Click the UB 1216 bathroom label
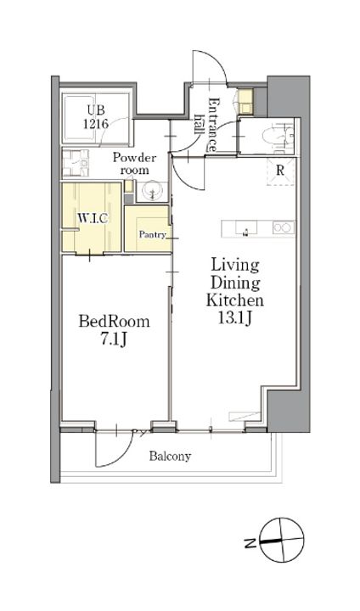(x=96, y=116)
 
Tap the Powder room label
(x=134, y=164)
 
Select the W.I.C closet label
(x=92, y=218)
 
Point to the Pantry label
(x=153, y=234)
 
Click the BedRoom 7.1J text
(x=115, y=330)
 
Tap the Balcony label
(x=170, y=457)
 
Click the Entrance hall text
(x=206, y=124)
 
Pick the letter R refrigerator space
(x=279, y=171)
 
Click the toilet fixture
(x=277, y=137)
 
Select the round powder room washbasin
(x=152, y=191)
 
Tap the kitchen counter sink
(x=245, y=229)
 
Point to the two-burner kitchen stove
(x=284, y=228)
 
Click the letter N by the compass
(x=248, y=542)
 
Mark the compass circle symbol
(x=281, y=540)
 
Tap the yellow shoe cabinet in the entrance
(x=246, y=102)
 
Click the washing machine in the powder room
(x=76, y=163)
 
